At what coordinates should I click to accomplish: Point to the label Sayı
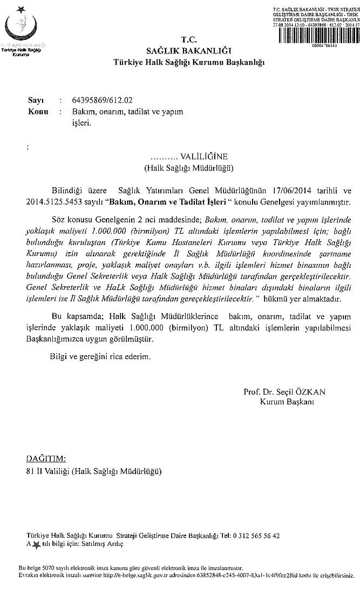35,101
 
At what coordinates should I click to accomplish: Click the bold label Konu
37,112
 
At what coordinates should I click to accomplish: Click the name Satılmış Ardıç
103,544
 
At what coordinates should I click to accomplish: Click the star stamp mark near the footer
36,544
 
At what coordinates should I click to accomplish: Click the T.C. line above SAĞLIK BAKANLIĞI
188,39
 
